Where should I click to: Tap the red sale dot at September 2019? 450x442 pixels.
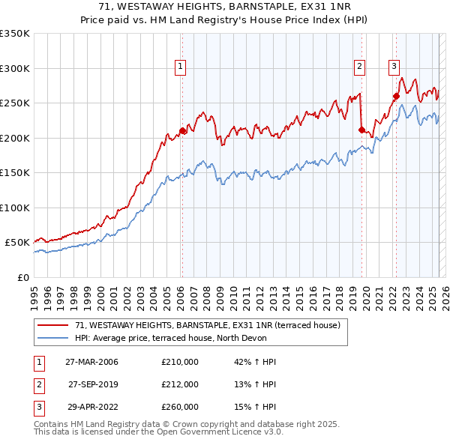click(x=361, y=130)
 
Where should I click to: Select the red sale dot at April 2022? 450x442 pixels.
click(x=396, y=96)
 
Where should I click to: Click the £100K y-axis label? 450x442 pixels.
click(x=15, y=208)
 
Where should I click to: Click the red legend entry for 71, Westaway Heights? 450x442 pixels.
click(x=208, y=325)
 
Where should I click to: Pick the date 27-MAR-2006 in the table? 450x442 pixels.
click(x=91, y=362)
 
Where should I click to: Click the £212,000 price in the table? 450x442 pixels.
click(x=180, y=384)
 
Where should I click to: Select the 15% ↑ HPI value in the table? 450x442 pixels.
click(x=255, y=407)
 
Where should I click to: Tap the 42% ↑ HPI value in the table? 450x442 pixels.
click(x=255, y=362)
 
